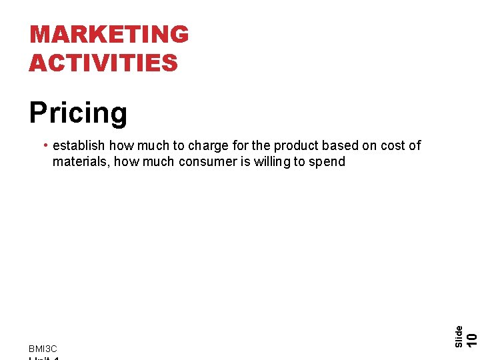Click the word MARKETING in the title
(109, 34)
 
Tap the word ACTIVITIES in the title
(103, 63)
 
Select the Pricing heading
(78, 113)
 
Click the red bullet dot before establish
(45, 145)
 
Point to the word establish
(79, 145)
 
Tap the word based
(340, 145)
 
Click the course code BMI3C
(43, 349)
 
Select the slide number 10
(471, 339)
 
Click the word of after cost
(415, 145)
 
